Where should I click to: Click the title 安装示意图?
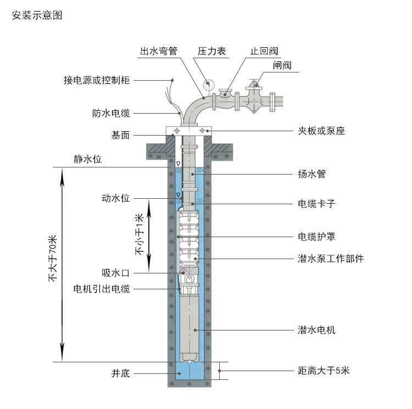(x=37, y=15)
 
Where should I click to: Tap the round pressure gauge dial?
(x=208, y=85)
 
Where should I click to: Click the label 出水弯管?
(x=159, y=51)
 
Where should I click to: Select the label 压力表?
(x=211, y=51)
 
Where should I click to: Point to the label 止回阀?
(x=264, y=51)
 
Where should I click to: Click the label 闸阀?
(x=282, y=65)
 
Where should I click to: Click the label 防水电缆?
(x=111, y=114)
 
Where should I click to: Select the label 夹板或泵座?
(x=321, y=131)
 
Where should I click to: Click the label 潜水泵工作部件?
(x=330, y=259)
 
